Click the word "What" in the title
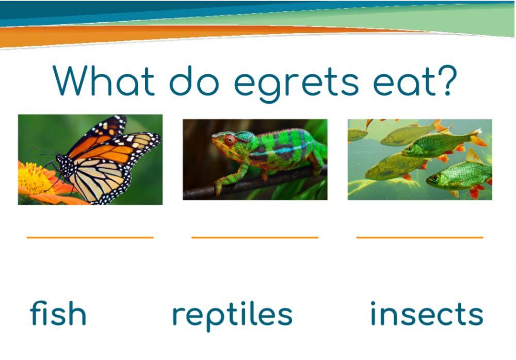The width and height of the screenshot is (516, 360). tap(104, 81)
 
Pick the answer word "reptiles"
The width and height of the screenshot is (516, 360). tap(232, 315)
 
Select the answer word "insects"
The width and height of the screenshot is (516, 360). tap(427, 314)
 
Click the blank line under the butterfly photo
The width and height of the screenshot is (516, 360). tap(90, 237)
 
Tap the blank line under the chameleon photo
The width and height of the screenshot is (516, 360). tap(255, 237)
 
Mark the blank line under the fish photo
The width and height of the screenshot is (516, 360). tap(420, 237)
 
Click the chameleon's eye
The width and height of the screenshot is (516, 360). tap(230, 140)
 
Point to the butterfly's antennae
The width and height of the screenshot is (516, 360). tap(41, 151)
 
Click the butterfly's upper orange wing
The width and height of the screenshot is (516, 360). tap(98, 135)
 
